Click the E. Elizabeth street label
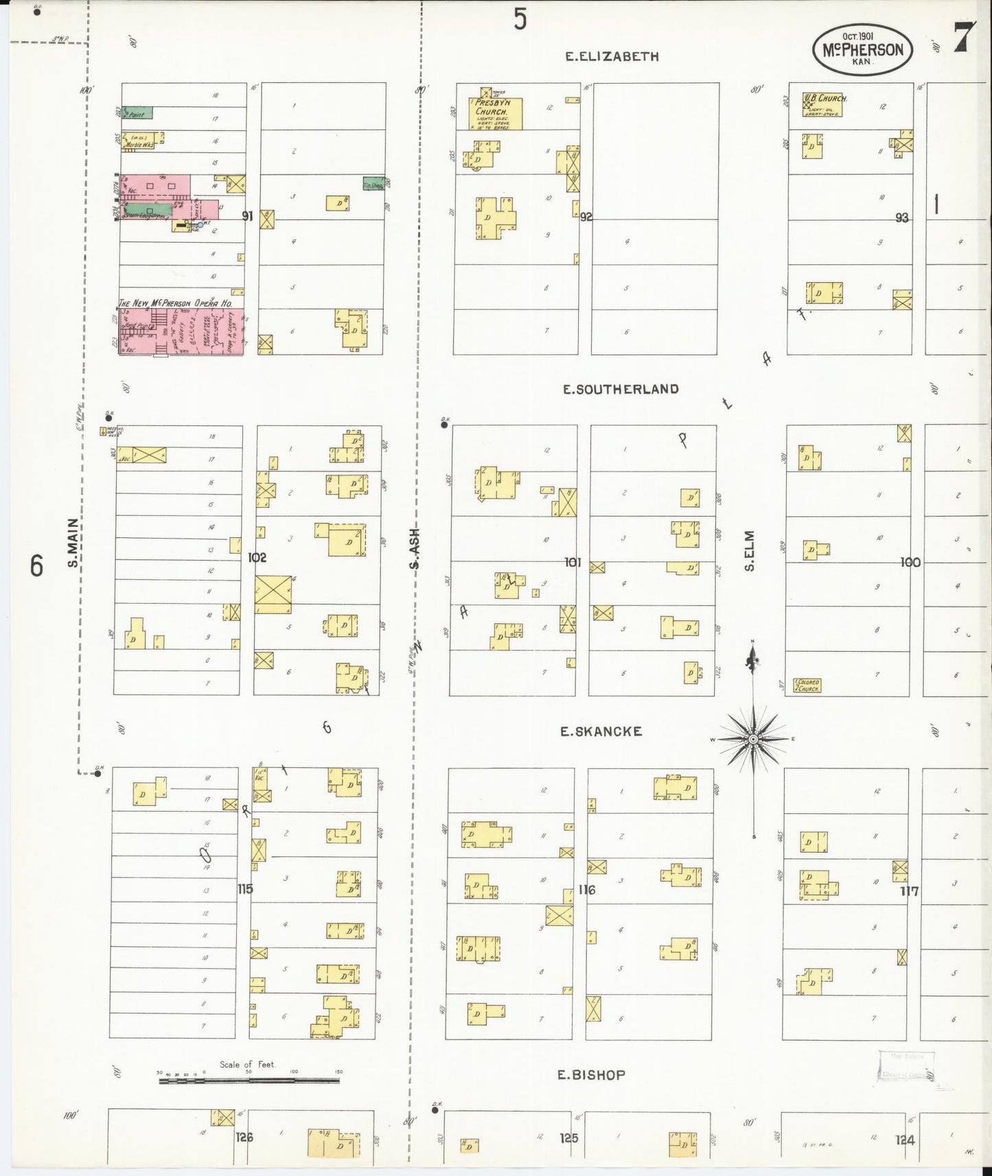[x=612, y=57]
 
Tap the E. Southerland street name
[x=621, y=389]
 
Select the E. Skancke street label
[x=601, y=731]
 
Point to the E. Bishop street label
[x=591, y=1075]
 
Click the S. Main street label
[x=73, y=543]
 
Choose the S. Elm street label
[x=750, y=550]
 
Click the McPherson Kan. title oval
[x=863, y=49]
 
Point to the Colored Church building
[x=807, y=685]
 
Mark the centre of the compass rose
[x=753, y=739]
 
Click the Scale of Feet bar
[x=249, y=1081]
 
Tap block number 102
[x=257, y=558]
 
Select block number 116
[x=586, y=890]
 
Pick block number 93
[x=901, y=217]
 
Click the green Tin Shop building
[x=373, y=184]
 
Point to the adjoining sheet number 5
[x=520, y=19]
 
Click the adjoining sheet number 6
[x=36, y=566]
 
